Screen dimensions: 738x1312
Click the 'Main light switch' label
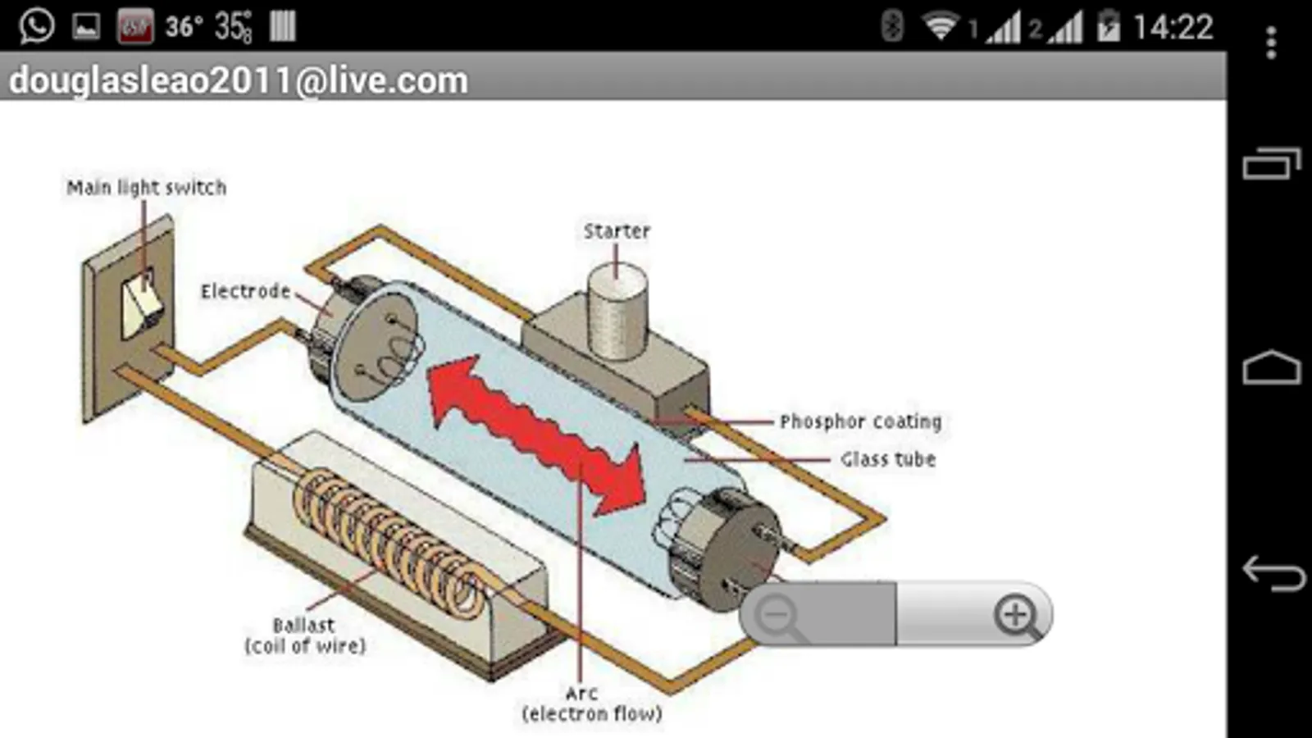coord(146,188)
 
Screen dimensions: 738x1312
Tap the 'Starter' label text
coord(617,231)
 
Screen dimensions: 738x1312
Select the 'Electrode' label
coord(245,291)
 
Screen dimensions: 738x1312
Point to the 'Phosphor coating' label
coord(860,421)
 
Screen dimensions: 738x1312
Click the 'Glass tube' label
coord(887,459)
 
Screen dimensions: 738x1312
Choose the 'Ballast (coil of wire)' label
coord(305,635)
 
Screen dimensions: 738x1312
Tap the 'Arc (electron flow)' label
coord(591,704)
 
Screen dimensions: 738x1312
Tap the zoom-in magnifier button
coord(1016,615)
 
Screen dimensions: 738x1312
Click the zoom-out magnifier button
coord(777,615)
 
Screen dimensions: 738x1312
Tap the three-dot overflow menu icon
coord(1271,43)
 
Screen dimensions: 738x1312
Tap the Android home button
coord(1271,368)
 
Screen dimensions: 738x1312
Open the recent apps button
coord(1271,163)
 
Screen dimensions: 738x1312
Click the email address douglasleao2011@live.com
coord(238,80)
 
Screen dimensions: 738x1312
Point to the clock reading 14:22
coord(1173,28)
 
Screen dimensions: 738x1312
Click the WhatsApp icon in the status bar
coord(37,26)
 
